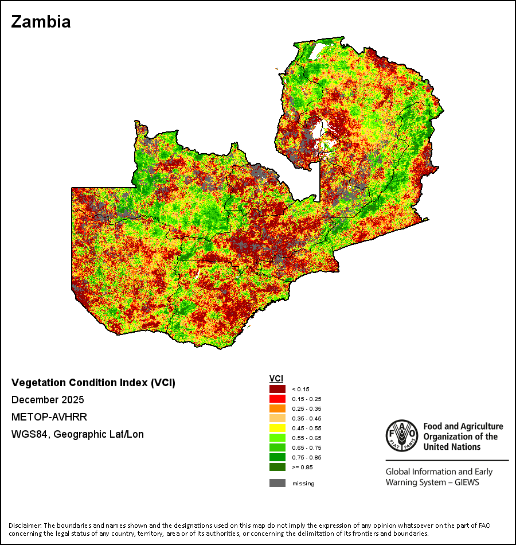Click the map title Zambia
[x=41, y=22]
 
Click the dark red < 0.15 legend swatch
[x=277, y=389]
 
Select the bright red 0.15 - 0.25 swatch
[x=277, y=399]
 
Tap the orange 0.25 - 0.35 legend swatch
[x=277, y=408]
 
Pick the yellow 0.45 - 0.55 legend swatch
[x=277, y=428]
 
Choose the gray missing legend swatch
[x=277, y=483]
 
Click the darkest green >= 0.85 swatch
[x=277, y=467]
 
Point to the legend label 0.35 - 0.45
[x=307, y=418]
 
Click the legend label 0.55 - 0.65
[x=307, y=438]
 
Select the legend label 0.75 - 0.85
[x=307, y=457]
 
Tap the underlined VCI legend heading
[x=276, y=379]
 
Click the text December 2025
[x=48, y=400]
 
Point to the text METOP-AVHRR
[x=49, y=416]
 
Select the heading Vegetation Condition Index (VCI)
[x=93, y=383]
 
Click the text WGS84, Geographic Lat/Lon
[x=77, y=434]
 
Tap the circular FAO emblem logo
[x=402, y=435]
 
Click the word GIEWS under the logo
[x=467, y=482]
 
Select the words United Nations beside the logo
[x=452, y=447]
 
